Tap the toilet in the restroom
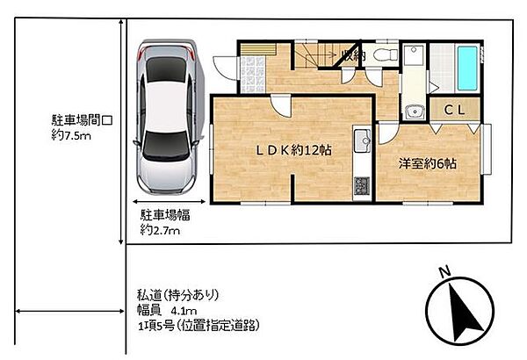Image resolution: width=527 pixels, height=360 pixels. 386,54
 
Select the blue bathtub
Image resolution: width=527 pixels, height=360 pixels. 467,68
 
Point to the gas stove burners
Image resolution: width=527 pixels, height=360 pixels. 362,186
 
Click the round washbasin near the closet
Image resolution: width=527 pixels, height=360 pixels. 414,112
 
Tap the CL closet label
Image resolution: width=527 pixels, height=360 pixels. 454,110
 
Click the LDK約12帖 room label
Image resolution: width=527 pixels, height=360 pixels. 294,150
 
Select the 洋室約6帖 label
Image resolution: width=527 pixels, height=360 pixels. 428,163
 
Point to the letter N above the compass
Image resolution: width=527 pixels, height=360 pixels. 445,271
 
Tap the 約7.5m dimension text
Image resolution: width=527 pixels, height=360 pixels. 71,135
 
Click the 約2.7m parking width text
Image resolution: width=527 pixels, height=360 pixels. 160,230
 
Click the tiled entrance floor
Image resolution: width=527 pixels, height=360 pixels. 253,75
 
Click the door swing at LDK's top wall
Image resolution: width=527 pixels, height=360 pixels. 281,106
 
